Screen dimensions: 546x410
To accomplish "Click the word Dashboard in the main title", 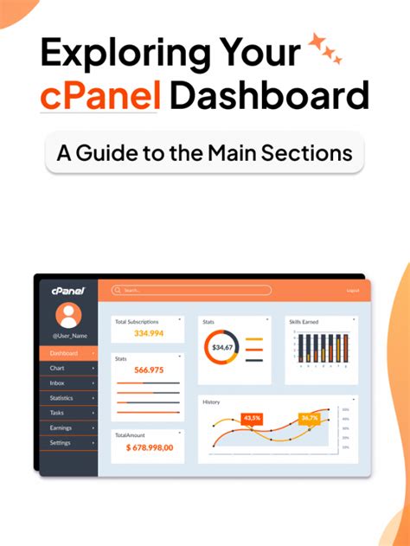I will click(269, 95).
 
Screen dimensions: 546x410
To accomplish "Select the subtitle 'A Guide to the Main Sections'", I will click(204, 152).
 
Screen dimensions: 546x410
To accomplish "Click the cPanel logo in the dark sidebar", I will click(67, 291).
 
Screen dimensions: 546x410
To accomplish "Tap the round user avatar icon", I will click(67, 315).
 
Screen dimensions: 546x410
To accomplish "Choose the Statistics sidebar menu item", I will click(61, 398).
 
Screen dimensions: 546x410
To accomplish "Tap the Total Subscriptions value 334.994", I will click(148, 333).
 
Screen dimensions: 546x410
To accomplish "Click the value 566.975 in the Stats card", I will click(147, 369).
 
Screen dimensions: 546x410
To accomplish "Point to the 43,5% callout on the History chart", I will click(252, 418).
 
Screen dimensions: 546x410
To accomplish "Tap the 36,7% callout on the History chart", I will click(310, 418).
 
